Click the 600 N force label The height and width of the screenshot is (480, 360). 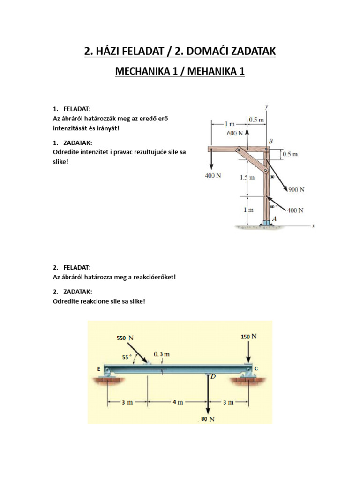click(235, 133)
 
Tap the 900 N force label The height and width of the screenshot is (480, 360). click(297, 190)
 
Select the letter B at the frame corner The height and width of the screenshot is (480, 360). click(270, 142)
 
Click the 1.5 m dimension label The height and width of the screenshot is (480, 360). click(247, 178)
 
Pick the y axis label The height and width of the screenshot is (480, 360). click(266, 106)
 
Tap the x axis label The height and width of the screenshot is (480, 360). click(314, 225)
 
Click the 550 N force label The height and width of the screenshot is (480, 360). click(125, 337)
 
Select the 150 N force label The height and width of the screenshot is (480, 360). click(248, 337)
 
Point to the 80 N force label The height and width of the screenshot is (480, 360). click(208, 420)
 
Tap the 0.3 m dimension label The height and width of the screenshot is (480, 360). click(161, 354)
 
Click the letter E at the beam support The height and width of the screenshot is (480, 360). click(99, 369)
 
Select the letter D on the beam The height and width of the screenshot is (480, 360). click(212, 376)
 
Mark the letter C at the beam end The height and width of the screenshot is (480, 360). click(256, 368)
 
